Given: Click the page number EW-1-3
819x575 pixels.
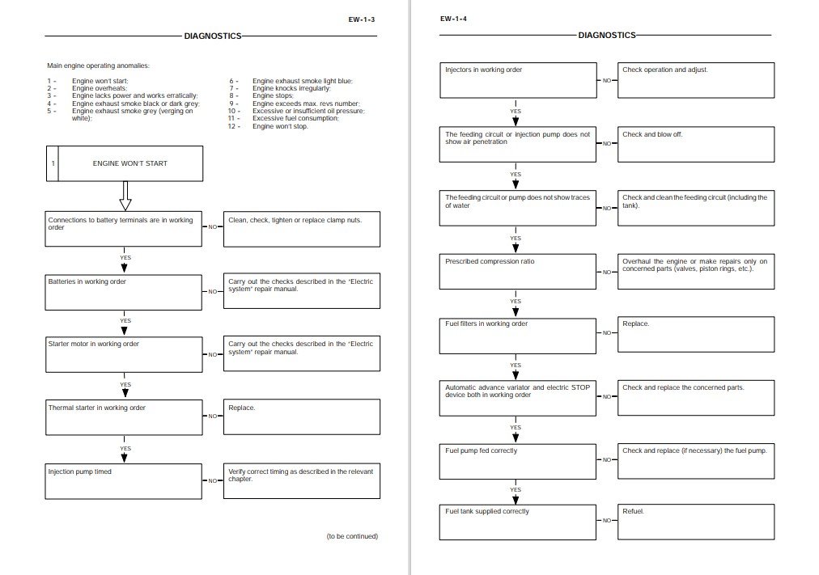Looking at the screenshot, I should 360,19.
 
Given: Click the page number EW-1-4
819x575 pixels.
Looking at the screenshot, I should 453,19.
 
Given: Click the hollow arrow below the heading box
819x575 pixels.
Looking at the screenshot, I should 125,195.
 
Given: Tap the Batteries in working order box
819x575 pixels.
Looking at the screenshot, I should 124,291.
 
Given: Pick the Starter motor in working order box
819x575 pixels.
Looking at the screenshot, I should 124,354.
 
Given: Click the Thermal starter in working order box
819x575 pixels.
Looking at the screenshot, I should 124,416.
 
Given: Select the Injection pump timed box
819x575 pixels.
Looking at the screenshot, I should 124,480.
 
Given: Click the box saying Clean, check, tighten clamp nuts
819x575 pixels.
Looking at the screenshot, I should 301,229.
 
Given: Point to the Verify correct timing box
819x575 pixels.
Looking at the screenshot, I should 301,480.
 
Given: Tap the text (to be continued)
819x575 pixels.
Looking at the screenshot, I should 352,535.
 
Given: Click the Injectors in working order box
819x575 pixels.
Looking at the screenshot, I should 519,80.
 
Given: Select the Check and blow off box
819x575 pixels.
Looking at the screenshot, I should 696,144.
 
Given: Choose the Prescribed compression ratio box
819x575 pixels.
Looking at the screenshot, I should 519,271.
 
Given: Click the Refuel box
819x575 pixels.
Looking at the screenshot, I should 696,522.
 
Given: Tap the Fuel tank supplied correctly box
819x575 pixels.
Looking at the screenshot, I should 519,522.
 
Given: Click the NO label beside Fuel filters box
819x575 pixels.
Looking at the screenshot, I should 607,333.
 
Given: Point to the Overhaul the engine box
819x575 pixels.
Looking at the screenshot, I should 696,271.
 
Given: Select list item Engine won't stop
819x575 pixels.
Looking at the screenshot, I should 280,126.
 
